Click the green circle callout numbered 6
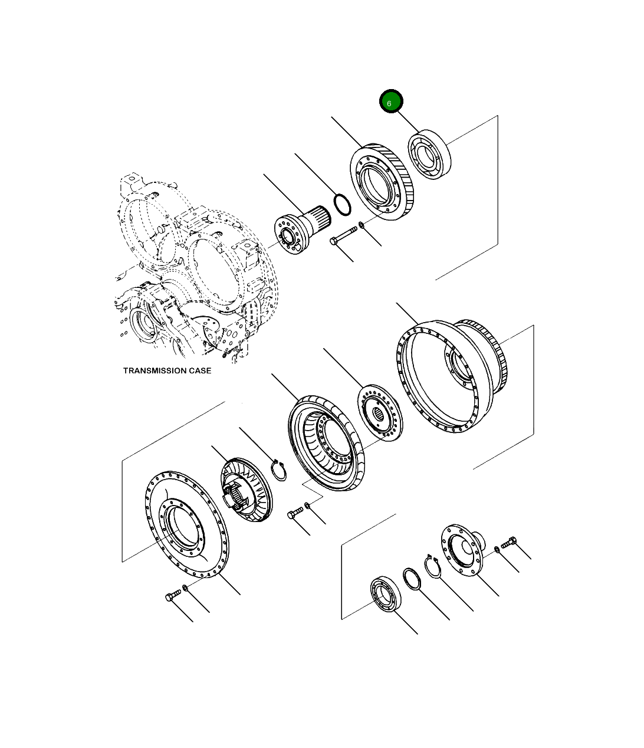coord(390,102)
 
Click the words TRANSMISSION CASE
coord(167,370)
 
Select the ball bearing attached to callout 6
coord(430,156)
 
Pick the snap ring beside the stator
coord(279,470)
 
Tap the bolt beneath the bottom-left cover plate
coord(172,597)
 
